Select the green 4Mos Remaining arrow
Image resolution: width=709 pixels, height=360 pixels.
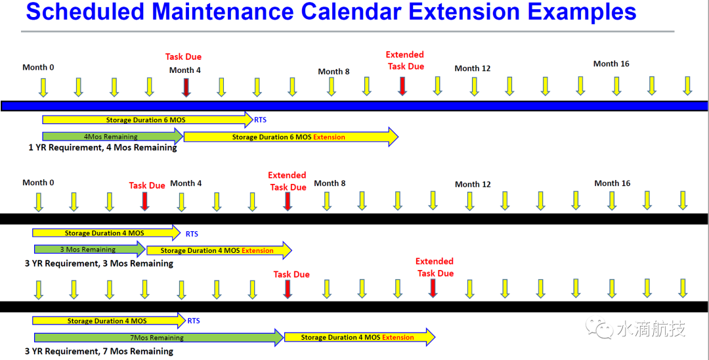pyautogui.click(x=113, y=136)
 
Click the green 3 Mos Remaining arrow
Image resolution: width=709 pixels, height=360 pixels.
pyautogui.click(x=89, y=249)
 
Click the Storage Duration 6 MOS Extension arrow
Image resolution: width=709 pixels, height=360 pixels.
pyautogui.click(x=291, y=137)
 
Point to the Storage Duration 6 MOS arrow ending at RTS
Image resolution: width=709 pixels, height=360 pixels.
pyautogui.click(x=148, y=120)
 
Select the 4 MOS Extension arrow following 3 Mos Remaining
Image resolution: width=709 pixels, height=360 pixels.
pyautogui.click(x=219, y=250)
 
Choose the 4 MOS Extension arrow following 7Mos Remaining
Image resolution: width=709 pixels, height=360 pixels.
pyautogui.click(x=360, y=338)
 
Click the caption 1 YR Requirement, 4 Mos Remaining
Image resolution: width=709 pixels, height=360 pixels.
pyautogui.click(x=102, y=147)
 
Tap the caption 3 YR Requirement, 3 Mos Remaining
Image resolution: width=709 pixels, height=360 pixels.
pyautogui.click(x=99, y=263)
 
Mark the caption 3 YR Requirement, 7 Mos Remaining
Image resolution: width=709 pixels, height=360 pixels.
pyautogui.click(x=99, y=351)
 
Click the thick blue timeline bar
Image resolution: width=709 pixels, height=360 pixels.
pyautogui.click(x=354, y=106)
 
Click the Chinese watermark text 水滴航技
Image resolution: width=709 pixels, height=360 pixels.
pyautogui.click(x=651, y=328)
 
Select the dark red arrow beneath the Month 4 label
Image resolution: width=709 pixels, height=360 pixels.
pyautogui.click(x=186, y=87)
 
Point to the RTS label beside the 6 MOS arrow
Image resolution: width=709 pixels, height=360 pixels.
pyautogui.click(x=261, y=120)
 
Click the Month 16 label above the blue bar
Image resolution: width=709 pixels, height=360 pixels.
pyautogui.click(x=611, y=64)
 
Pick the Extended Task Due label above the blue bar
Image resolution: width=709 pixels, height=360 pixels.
pyautogui.click(x=405, y=60)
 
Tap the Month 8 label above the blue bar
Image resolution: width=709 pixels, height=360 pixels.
pyautogui.click(x=333, y=72)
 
